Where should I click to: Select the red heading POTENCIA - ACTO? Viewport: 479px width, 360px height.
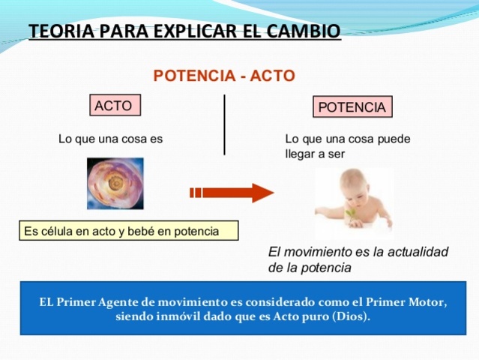(x=224, y=76)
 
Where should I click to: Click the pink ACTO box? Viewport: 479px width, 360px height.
(x=114, y=106)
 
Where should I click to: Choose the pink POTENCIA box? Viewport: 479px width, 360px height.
(x=352, y=107)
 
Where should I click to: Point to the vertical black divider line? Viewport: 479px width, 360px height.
(x=224, y=124)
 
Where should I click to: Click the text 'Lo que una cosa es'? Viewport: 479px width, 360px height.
(x=110, y=139)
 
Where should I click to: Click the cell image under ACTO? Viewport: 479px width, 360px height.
(x=115, y=183)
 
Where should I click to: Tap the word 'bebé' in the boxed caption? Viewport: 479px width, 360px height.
(x=141, y=231)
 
